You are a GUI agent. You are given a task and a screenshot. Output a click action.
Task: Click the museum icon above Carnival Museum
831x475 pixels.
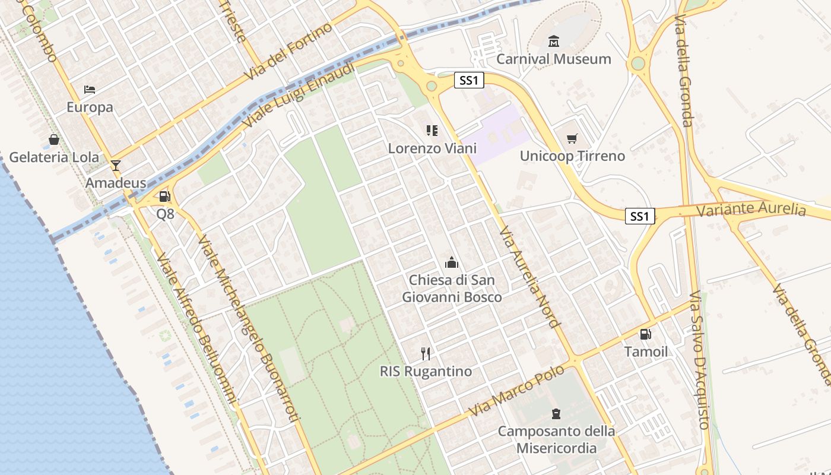point(554,41)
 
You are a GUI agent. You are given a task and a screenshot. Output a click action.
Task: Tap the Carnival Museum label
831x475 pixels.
point(554,59)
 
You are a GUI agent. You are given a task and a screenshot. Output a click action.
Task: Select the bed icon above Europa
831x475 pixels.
point(90,90)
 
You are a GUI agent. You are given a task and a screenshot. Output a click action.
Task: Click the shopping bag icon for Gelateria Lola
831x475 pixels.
point(54,140)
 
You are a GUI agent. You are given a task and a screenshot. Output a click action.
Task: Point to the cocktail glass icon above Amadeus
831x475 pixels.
point(116,165)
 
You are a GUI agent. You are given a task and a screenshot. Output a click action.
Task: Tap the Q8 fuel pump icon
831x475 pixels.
point(164,197)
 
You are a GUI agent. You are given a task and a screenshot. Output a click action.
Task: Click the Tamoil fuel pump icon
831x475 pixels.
point(646,334)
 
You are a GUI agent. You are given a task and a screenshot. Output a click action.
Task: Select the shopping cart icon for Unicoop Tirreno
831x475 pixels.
point(572,138)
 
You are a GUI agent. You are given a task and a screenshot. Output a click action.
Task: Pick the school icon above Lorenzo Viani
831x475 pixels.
point(432,130)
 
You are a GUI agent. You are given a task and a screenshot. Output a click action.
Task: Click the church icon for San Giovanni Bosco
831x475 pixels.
point(452,262)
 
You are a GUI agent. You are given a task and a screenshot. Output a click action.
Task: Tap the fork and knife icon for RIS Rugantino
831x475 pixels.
point(426,354)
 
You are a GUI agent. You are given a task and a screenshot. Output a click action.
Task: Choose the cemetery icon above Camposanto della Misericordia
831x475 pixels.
point(556,413)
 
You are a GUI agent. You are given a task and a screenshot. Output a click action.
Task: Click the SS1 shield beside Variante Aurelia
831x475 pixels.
point(640,216)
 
